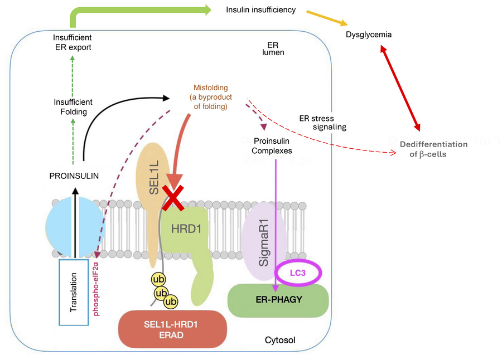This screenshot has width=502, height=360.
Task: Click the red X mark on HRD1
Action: tap(173, 197)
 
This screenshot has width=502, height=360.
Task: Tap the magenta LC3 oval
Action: tap(300, 273)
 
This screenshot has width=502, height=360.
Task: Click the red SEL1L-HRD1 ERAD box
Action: tap(173, 329)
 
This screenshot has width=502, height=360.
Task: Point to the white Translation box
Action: tap(74, 291)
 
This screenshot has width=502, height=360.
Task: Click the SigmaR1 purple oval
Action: tap(265, 245)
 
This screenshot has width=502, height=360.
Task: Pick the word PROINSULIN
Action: tap(74, 176)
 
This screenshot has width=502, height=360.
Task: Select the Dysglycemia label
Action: tap(369, 35)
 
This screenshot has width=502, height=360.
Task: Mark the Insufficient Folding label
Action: tap(73, 107)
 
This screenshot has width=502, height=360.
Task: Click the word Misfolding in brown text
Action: tap(211, 87)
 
